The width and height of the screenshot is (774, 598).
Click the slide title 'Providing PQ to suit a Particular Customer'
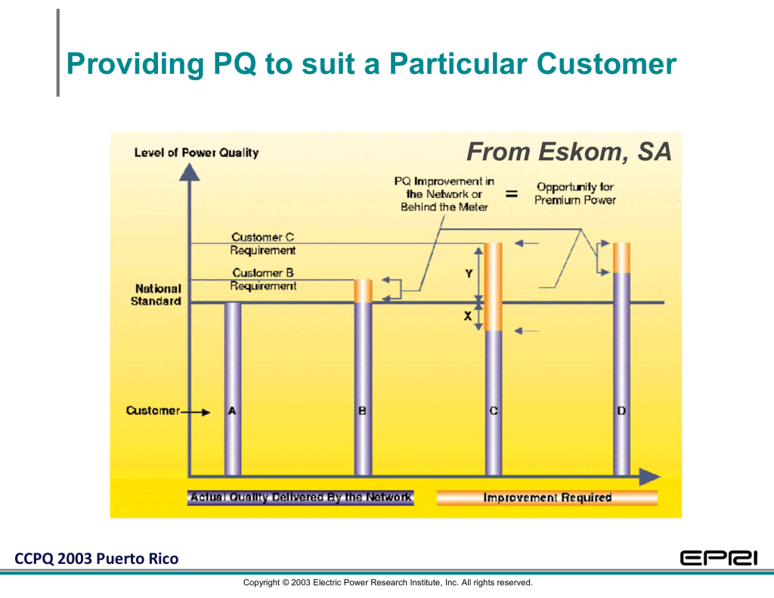pyautogui.click(x=371, y=64)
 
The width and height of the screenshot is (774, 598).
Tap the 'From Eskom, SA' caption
pyautogui.click(x=568, y=152)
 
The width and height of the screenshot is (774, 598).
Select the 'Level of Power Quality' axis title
pyautogui.click(x=197, y=153)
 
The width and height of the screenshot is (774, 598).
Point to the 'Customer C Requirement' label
pyautogui.click(x=262, y=243)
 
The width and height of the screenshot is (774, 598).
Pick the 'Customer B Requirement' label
pyautogui.click(x=263, y=279)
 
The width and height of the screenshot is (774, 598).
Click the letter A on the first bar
pyautogui.click(x=232, y=411)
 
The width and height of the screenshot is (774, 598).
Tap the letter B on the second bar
pyautogui.click(x=362, y=411)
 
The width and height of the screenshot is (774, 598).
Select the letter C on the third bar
pyautogui.click(x=494, y=411)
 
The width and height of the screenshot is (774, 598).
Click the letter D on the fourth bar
pyautogui.click(x=621, y=411)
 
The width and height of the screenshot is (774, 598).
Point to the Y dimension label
pyautogui.click(x=469, y=274)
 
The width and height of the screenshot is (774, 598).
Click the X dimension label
pyautogui.click(x=467, y=316)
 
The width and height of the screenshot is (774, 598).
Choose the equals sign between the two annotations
pyautogui.click(x=512, y=194)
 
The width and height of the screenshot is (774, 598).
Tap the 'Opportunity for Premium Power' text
pyautogui.click(x=575, y=193)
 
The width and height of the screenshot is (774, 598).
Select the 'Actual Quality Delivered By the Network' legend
pyautogui.click(x=301, y=497)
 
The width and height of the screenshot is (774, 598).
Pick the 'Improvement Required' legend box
pyautogui.click(x=547, y=497)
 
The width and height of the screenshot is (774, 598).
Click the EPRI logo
pyautogui.click(x=719, y=558)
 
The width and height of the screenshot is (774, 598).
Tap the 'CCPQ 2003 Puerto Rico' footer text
pyautogui.click(x=97, y=559)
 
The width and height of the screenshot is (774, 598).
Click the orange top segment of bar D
pyautogui.click(x=621, y=258)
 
